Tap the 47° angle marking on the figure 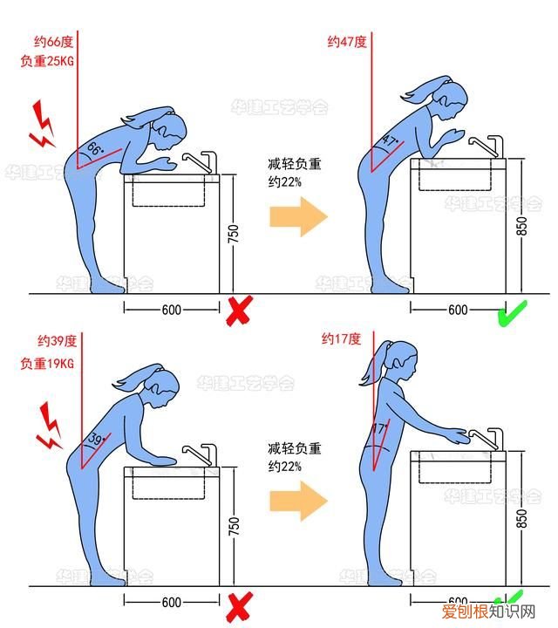point(389,142)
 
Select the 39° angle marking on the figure point(97,439)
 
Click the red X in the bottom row point(239,604)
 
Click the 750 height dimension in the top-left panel point(233,234)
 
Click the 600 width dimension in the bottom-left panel point(172,602)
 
